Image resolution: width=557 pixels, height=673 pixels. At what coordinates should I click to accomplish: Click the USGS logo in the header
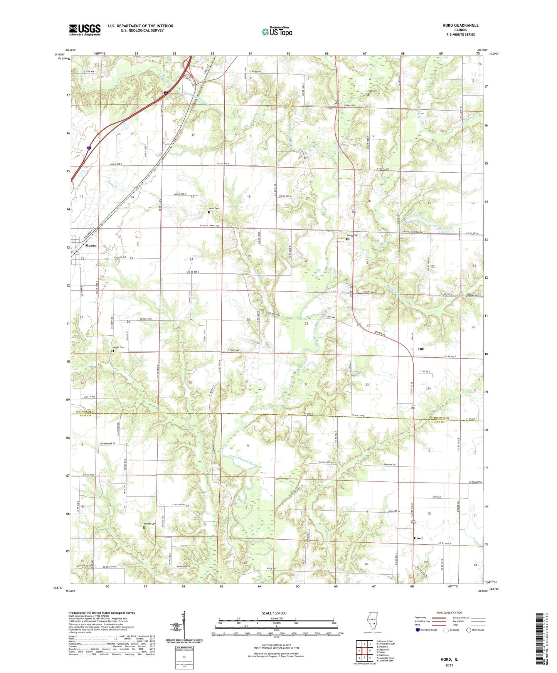point(84,30)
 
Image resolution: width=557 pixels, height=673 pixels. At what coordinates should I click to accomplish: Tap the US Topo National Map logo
point(277,31)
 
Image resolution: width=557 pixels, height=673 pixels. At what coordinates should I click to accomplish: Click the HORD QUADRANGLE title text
point(460,25)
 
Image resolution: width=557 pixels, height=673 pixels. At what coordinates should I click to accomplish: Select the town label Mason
point(91,246)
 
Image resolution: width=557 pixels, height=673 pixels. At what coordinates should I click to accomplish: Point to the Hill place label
point(421,349)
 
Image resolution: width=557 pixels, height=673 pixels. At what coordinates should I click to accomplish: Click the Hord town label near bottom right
point(418,538)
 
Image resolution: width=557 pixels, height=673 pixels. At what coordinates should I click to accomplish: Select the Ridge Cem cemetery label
point(352,236)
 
